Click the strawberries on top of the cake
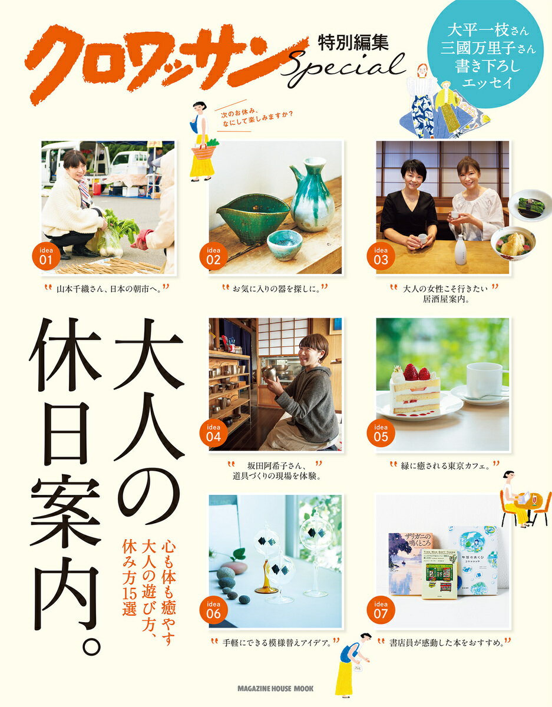coord(417,372)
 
